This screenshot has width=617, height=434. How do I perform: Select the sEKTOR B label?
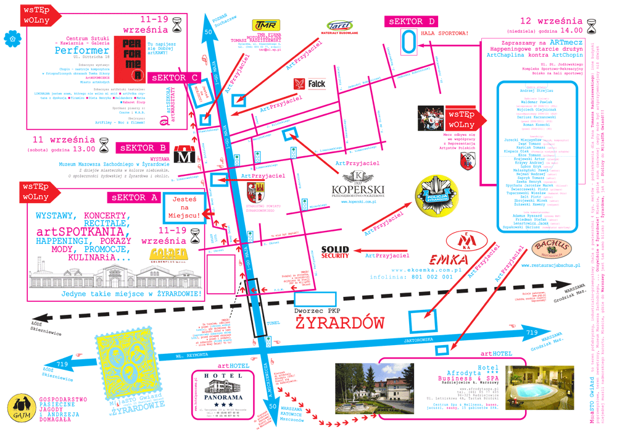[142, 148]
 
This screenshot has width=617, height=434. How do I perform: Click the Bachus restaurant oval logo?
[551, 249]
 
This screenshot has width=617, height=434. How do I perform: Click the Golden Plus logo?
[168, 256]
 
